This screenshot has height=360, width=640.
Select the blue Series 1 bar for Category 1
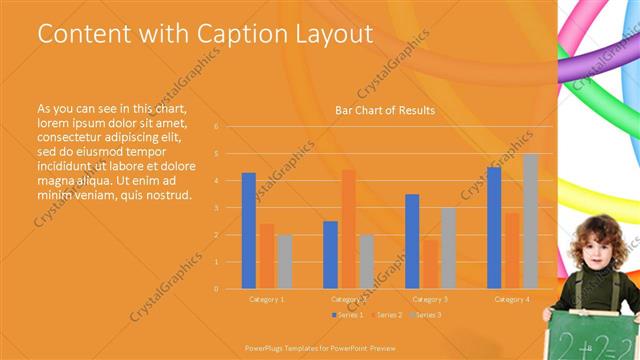click(x=248, y=231)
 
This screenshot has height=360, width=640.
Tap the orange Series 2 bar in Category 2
click(x=348, y=229)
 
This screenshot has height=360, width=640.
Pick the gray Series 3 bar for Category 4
click(x=530, y=221)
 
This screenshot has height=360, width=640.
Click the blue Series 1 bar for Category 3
click(x=412, y=241)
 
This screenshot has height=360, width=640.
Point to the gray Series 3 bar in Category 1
click(x=285, y=262)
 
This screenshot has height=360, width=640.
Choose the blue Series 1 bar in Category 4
click(x=494, y=228)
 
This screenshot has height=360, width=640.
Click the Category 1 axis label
click(x=266, y=299)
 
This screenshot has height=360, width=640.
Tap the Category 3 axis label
click(x=430, y=299)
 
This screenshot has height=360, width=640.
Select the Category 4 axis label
click(x=512, y=299)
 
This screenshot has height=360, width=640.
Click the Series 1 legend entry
click(x=347, y=315)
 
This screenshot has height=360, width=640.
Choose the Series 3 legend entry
click(x=425, y=315)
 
